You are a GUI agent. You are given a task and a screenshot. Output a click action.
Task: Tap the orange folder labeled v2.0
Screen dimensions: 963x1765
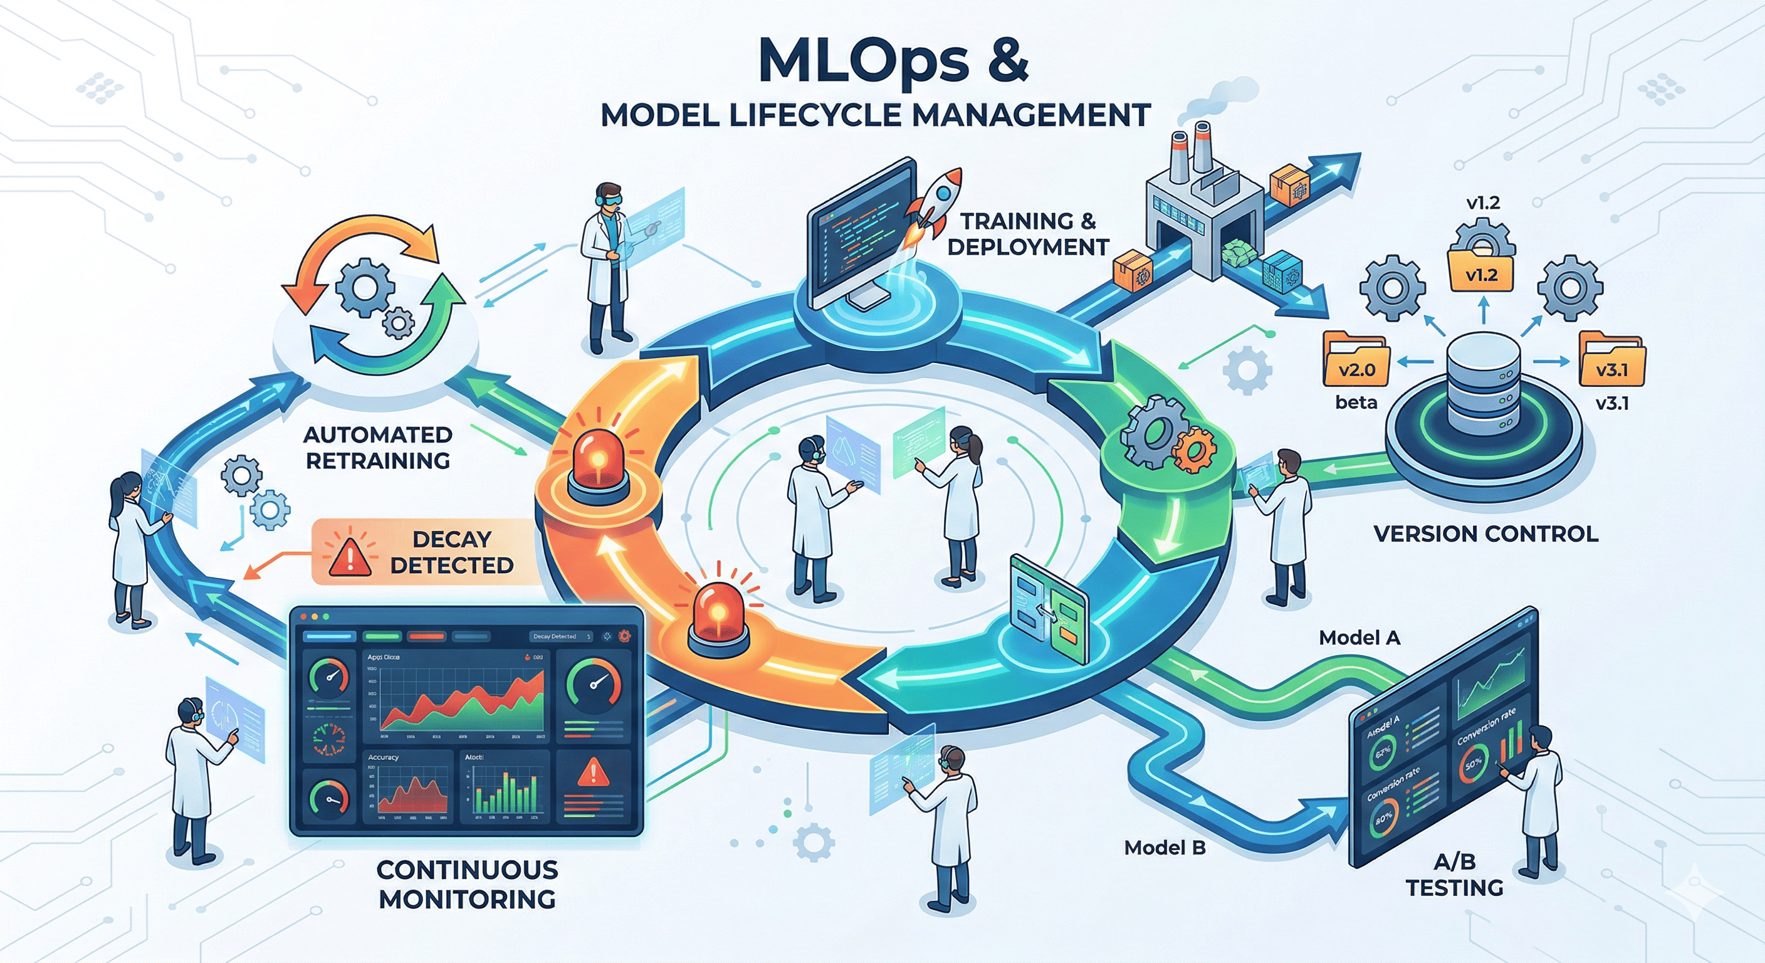(x=1356, y=360)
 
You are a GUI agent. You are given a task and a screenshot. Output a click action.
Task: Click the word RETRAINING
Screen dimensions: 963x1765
(x=377, y=461)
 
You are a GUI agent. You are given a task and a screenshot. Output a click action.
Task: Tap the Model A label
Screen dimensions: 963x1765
(x=1359, y=638)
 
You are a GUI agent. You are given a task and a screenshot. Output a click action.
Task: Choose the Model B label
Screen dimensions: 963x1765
(x=1164, y=848)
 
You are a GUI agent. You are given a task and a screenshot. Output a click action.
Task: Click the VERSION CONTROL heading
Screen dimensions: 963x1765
(x=1485, y=534)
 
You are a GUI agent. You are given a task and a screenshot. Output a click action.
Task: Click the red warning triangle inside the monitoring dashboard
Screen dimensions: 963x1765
(x=593, y=773)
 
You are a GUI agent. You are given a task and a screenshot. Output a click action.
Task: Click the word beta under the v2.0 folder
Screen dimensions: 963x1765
(x=1356, y=403)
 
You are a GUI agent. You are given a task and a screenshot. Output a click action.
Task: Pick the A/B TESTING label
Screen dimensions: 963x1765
(x=1454, y=874)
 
